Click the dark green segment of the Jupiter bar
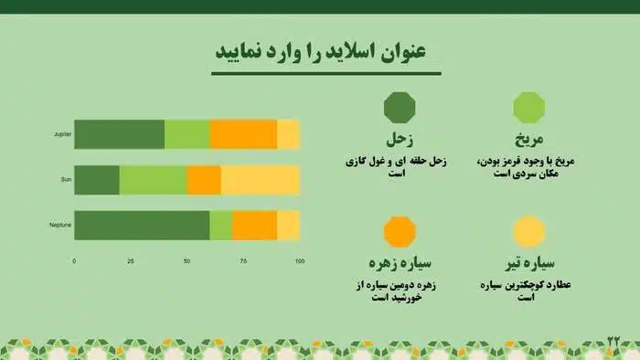[x=119, y=134]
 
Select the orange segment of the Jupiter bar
[x=242, y=134]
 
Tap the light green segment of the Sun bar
[x=153, y=180]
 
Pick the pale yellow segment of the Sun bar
[x=261, y=180]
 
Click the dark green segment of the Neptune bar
[x=142, y=225]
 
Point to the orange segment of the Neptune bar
[x=254, y=225]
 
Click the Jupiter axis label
[x=62, y=134]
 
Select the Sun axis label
[x=66, y=180]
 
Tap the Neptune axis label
[x=61, y=225]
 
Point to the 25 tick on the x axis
[x=130, y=261]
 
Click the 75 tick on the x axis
[x=243, y=261]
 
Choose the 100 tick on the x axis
[x=299, y=261]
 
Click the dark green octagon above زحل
[x=400, y=108]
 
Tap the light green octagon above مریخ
[x=529, y=108]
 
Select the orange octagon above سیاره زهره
[x=400, y=231]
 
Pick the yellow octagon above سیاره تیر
[x=529, y=231]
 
